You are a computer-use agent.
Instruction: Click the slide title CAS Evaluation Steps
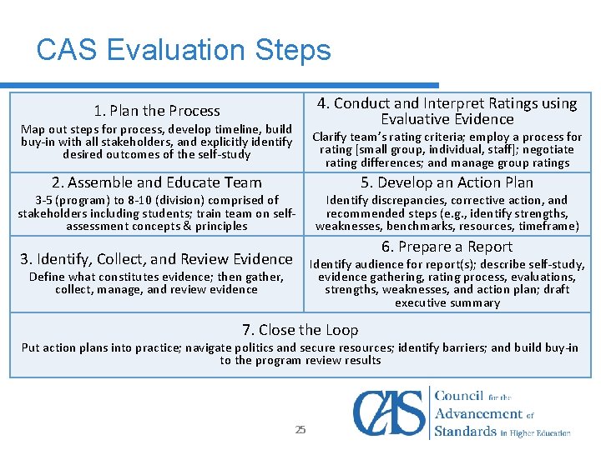tap(184, 51)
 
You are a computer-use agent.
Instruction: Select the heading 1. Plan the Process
tap(157, 111)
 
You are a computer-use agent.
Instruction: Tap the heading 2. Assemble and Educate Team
tap(157, 182)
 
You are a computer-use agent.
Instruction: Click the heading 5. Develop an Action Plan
tap(447, 182)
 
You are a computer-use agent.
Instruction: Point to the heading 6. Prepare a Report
tap(447, 247)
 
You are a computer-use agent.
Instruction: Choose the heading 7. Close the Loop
tap(300, 330)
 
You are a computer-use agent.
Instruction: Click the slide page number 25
tap(300, 430)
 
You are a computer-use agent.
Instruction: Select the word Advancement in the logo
tap(480, 413)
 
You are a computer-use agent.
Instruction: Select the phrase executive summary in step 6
tap(447, 302)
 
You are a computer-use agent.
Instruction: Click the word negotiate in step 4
tap(548, 150)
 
